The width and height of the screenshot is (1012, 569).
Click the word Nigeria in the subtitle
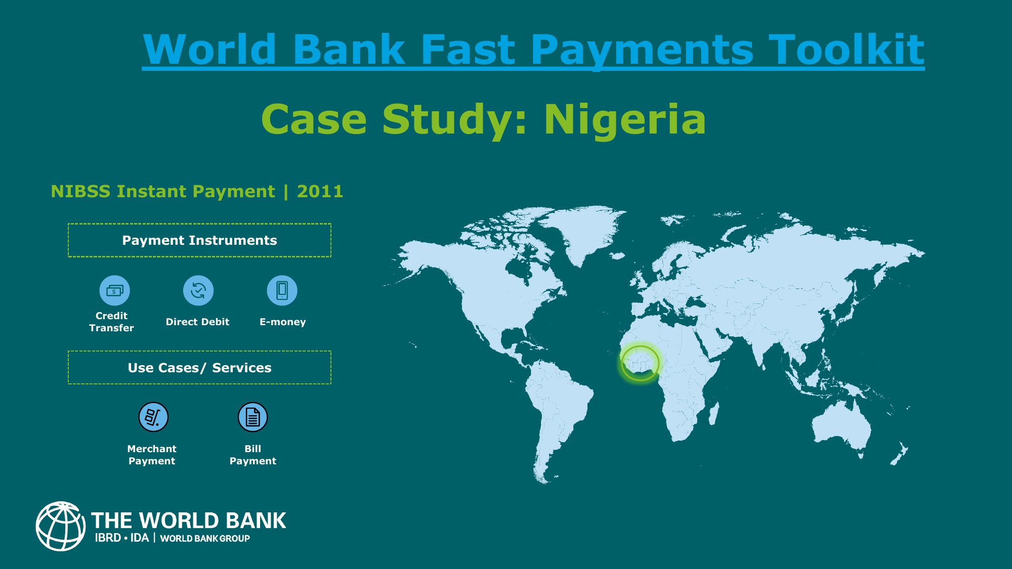click(x=624, y=119)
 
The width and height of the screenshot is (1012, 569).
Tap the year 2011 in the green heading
click(x=320, y=191)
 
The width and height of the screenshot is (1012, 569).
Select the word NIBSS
click(x=80, y=191)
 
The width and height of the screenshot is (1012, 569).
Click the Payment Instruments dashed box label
click(x=199, y=240)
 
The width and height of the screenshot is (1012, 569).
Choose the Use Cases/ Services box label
click(x=199, y=368)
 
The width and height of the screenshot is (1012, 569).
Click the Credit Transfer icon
click(x=114, y=290)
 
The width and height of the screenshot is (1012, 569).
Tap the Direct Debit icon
click(x=198, y=290)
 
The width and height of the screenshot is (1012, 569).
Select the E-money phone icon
click(x=282, y=290)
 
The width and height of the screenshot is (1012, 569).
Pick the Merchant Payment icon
click(x=153, y=417)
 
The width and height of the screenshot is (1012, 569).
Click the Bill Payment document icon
click(x=252, y=417)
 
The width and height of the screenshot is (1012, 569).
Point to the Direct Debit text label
click(x=197, y=322)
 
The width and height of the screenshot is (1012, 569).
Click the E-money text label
click(x=282, y=322)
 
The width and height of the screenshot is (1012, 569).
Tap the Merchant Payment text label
click(x=152, y=455)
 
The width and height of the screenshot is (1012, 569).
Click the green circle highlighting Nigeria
click(x=640, y=363)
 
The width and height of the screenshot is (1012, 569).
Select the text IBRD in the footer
click(x=108, y=538)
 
